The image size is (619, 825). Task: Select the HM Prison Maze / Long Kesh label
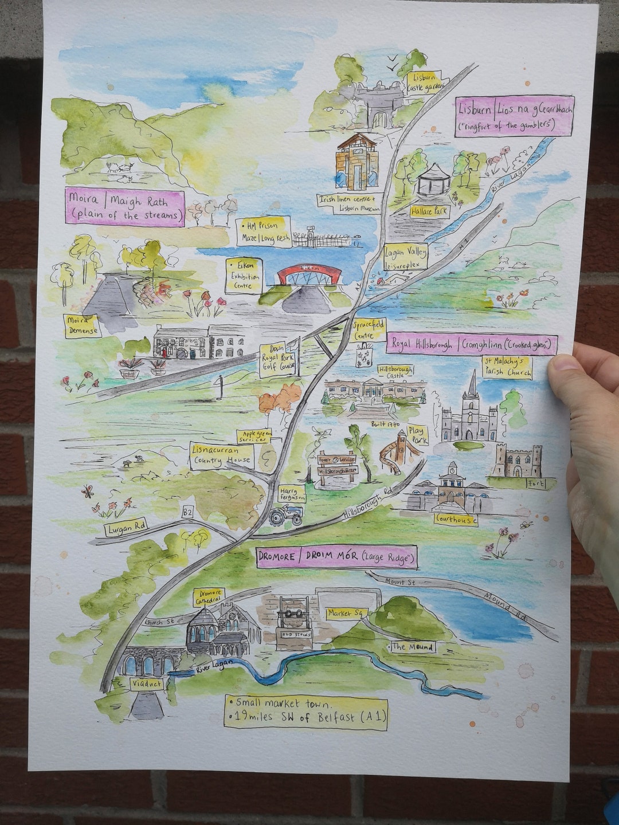click(x=264, y=232)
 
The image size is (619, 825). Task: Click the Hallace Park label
click(x=430, y=211)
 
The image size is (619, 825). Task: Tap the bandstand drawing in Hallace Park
click(x=434, y=180)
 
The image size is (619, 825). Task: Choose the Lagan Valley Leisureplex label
click(x=405, y=258)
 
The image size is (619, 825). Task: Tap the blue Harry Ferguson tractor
click(x=287, y=515)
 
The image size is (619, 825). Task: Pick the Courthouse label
click(x=456, y=519)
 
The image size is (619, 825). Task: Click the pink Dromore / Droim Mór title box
click(x=336, y=557)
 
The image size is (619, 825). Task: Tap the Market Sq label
click(x=346, y=613)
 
